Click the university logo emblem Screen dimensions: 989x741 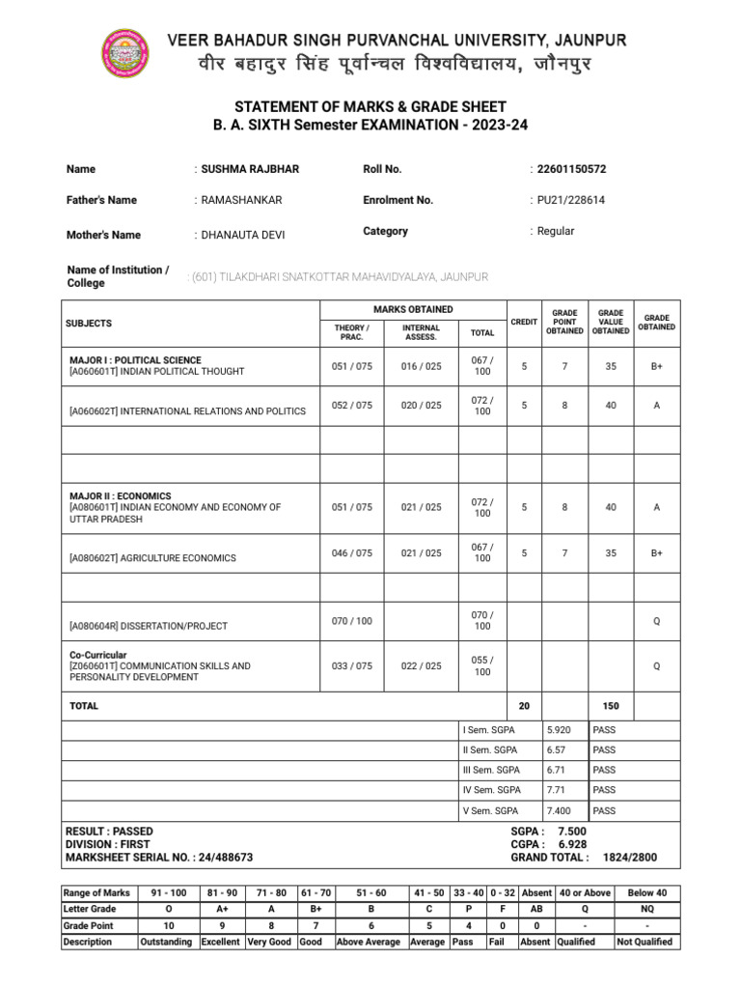point(125,53)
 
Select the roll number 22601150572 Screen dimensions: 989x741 point(571,169)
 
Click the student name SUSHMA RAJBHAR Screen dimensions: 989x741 point(250,169)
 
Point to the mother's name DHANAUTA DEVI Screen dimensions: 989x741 point(242,235)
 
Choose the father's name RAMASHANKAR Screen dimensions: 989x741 point(241,200)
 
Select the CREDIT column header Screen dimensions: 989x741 point(524,322)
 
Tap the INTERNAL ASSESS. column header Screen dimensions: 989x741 point(421,332)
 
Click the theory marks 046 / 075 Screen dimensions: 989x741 point(351,553)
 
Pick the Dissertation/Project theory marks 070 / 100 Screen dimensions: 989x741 point(351,621)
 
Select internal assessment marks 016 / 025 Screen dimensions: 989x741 point(421,366)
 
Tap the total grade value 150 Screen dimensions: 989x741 point(611,706)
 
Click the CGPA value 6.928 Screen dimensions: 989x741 point(571,844)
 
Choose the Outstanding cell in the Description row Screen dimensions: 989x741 point(166,942)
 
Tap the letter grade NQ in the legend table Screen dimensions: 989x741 point(646,909)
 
